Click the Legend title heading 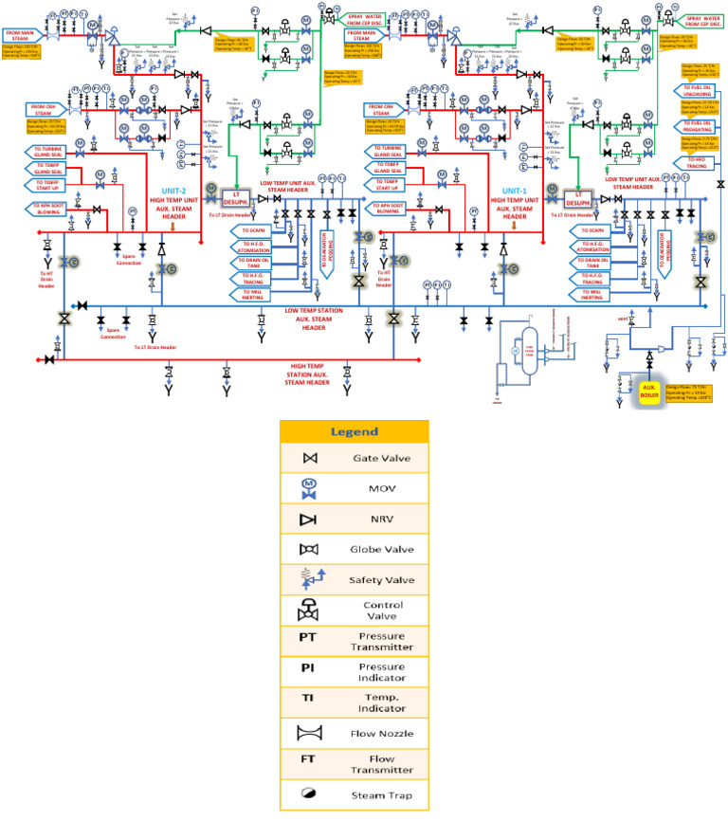[354, 431]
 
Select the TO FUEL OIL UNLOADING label [699, 92]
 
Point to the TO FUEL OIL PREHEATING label [699, 126]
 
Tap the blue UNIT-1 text [513, 190]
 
